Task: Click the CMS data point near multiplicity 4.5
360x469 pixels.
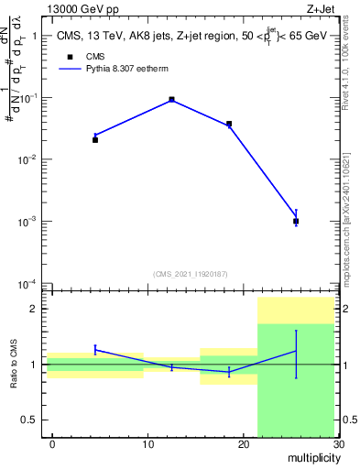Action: click(95, 140)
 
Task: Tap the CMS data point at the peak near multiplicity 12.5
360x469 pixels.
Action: click(172, 99)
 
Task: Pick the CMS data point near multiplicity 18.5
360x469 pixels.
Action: click(229, 124)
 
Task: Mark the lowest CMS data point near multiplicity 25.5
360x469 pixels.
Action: click(296, 222)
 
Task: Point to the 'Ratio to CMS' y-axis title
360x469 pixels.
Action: click(15, 365)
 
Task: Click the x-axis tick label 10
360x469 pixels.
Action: click(148, 444)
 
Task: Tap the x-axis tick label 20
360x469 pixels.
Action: click(244, 444)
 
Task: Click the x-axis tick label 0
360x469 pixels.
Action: click(52, 444)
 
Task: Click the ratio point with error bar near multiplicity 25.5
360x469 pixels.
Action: click(296, 352)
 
